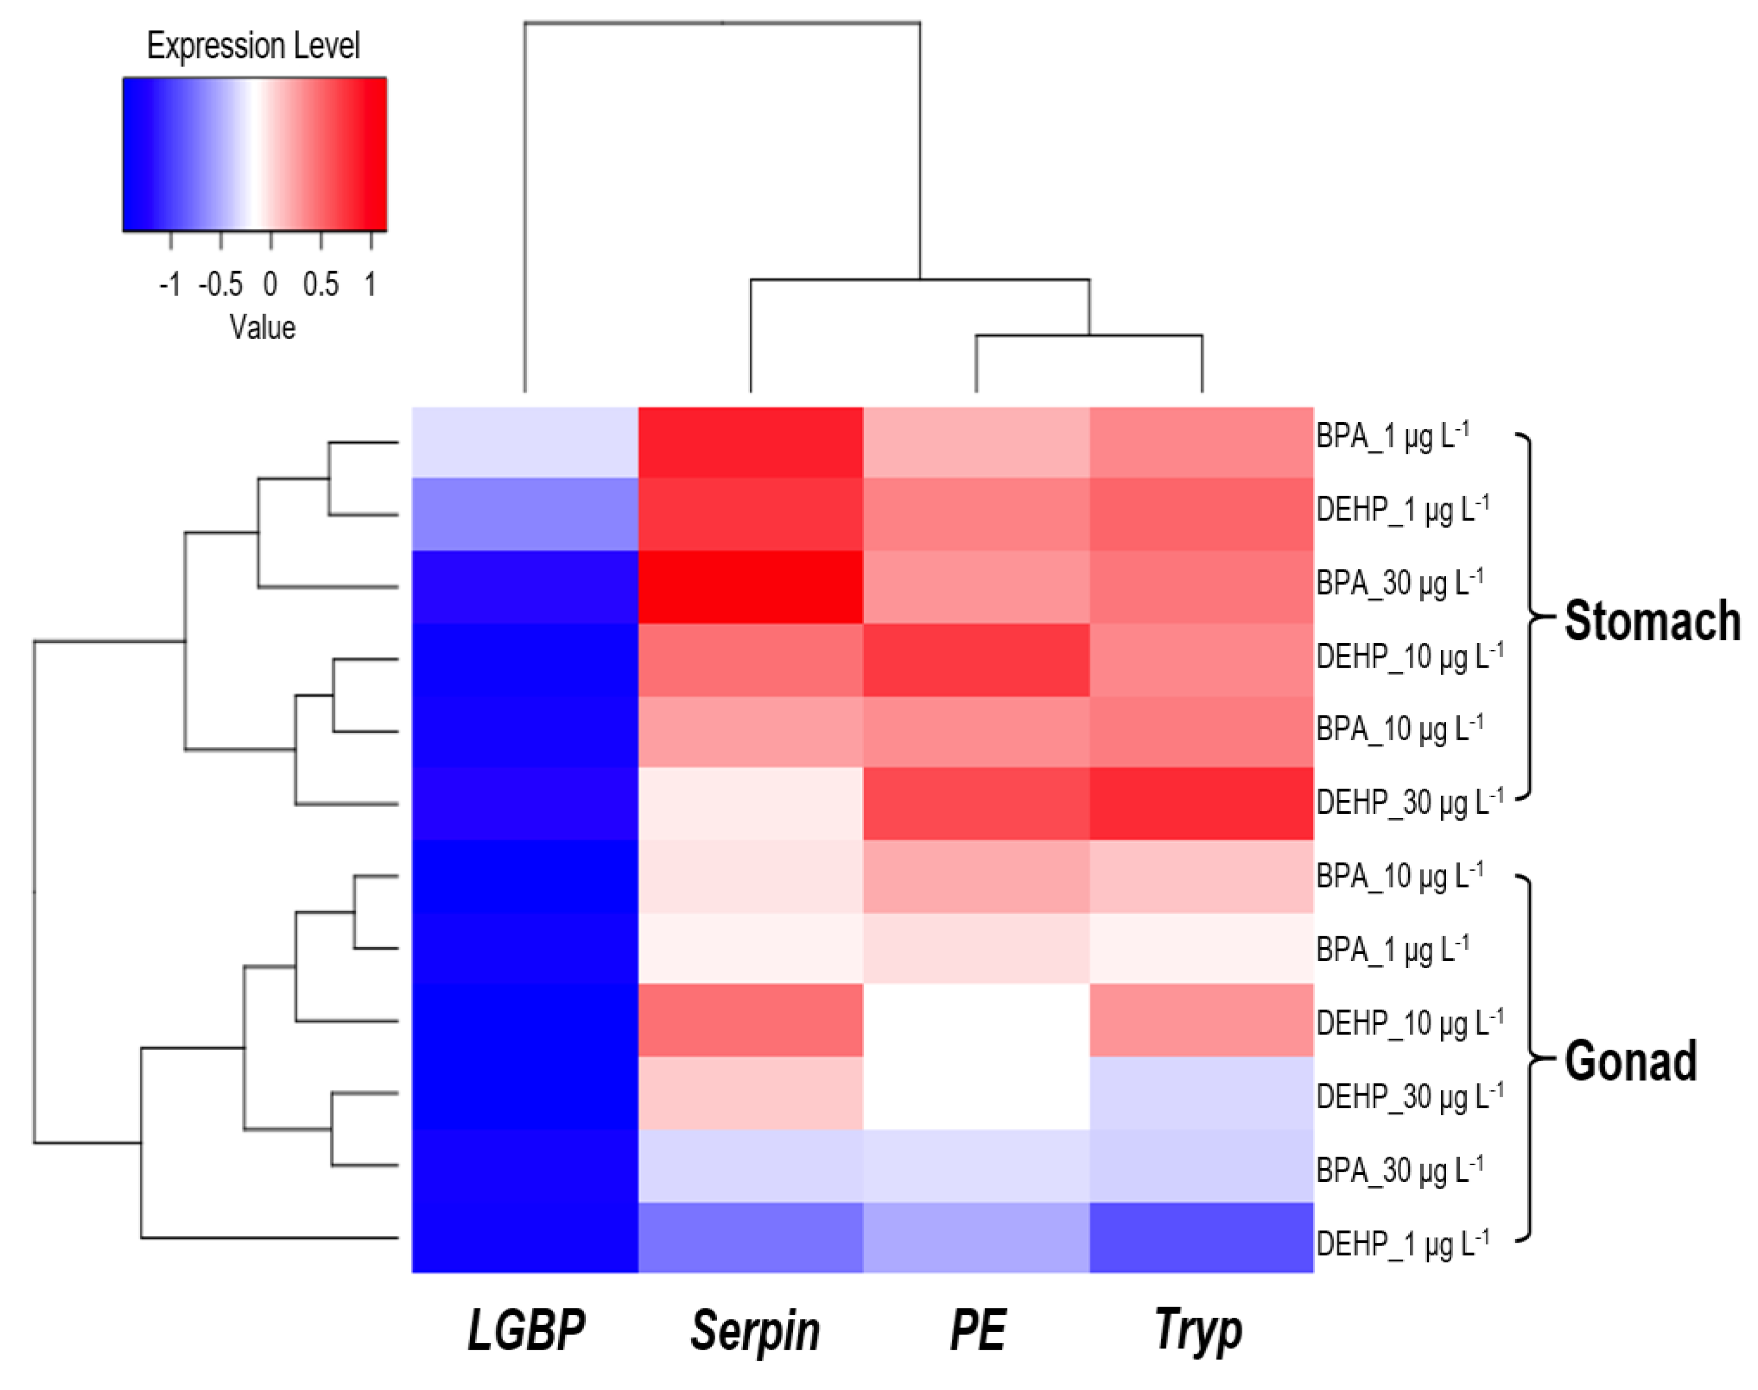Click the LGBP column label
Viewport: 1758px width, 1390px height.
526,1329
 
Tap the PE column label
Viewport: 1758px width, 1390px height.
977,1329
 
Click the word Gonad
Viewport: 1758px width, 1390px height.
1630,1060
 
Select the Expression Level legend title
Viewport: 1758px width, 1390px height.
253,45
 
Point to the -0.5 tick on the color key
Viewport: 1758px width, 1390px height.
220,284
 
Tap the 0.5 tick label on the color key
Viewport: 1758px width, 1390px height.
321,284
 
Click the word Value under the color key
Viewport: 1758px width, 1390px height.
262,327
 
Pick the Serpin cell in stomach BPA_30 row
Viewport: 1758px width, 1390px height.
750,587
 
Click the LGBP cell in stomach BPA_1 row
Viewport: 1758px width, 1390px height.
524,442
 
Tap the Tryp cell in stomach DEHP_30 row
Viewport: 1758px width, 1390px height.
1201,803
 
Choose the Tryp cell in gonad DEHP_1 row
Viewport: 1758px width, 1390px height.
1201,1237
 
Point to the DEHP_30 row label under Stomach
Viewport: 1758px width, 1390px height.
1409,802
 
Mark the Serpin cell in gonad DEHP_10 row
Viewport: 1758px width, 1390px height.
750,1020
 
